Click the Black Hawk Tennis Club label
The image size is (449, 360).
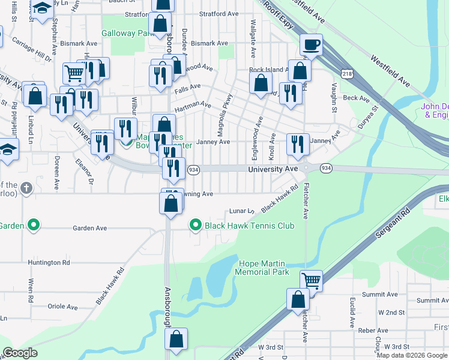click(250, 226)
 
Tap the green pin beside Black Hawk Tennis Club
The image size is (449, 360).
click(195, 226)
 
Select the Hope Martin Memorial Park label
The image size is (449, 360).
click(264, 268)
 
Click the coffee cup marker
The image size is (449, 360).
click(311, 44)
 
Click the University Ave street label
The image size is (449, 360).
click(273, 170)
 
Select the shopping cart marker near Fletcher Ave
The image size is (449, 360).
click(311, 280)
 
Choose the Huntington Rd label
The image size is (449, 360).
click(49, 262)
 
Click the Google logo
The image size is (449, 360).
click(20, 353)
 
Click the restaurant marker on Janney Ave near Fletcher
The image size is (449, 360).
click(297, 144)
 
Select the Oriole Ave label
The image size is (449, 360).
click(63, 307)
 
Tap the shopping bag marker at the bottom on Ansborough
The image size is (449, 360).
click(176, 339)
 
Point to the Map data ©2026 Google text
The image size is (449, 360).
click(411, 355)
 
